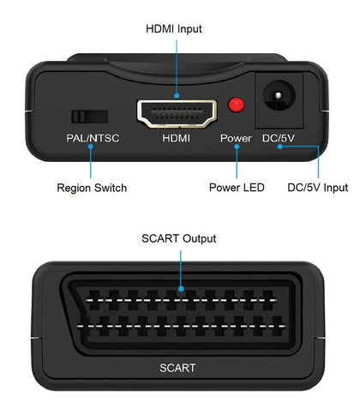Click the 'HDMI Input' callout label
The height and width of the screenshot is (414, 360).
coord(173,28)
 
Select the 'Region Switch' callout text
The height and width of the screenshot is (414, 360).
coord(92,188)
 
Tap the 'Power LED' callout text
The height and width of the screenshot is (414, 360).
coord(237,188)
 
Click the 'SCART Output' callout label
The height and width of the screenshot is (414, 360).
coord(180,238)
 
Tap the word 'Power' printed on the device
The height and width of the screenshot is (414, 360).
coord(236,138)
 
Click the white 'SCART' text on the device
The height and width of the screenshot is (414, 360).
coord(177,369)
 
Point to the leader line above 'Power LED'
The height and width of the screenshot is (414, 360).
coord(236,163)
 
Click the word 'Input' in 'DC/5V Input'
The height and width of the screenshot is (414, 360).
coord(333,188)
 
